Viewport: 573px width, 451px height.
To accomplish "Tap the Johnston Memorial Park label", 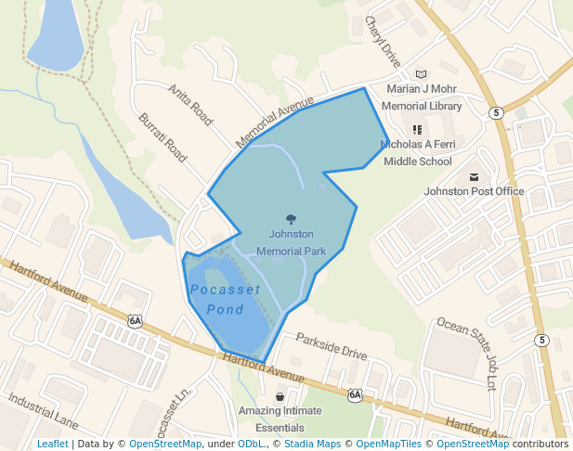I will click(291, 242).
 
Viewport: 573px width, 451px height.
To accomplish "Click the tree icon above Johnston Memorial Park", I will click(291, 220).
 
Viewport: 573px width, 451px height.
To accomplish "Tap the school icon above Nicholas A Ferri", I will click(417, 130).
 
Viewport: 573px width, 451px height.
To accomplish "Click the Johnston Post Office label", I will click(474, 191).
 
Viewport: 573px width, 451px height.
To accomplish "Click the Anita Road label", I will click(190, 105).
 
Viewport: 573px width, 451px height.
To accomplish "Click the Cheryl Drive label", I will click(383, 41).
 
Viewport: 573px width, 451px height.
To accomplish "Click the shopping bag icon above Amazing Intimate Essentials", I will click(280, 396).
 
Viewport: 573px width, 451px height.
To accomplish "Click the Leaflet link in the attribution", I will click(52, 444).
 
